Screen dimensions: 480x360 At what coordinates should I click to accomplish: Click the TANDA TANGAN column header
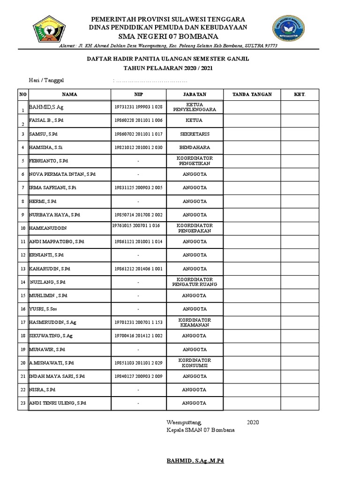(252, 94)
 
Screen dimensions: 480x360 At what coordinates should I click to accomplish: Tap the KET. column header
(300, 94)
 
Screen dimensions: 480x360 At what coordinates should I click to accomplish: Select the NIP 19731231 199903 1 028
(138, 107)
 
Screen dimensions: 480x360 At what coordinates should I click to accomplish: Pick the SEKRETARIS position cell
(195, 134)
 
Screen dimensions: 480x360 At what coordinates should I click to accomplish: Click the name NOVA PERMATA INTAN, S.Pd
(62, 174)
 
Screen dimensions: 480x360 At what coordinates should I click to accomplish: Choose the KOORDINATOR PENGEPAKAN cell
(195, 228)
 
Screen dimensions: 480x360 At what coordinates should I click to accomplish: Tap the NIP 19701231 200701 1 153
(138, 322)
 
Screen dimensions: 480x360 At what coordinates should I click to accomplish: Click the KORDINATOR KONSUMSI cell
(195, 363)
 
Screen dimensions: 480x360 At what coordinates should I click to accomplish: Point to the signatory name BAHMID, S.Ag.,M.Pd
(195, 461)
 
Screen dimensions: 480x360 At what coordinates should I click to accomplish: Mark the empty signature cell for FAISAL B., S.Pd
(252, 121)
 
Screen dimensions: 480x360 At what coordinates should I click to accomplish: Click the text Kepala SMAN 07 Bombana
(201, 430)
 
